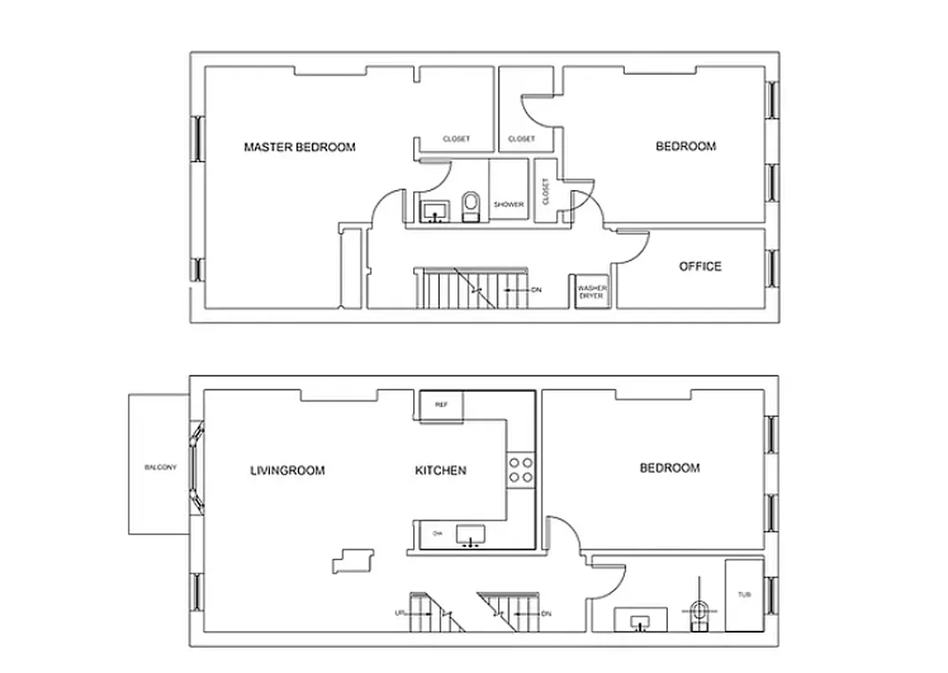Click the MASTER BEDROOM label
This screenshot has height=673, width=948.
point(299,147)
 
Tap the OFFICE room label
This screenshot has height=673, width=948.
point(700,267)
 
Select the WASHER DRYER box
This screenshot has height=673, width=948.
point(591,291)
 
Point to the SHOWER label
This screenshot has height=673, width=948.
point(508,204)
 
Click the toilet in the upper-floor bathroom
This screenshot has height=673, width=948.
point(470,206)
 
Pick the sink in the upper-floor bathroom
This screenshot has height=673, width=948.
point(435,209)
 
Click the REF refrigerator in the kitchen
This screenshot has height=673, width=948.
point(441,405)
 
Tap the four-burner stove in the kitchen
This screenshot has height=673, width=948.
point(520,469)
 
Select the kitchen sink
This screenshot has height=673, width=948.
point(470,534)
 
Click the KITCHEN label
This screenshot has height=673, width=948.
point(441,470)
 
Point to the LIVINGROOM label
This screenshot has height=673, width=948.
point(287,470)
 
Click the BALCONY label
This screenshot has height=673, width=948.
point(160,468)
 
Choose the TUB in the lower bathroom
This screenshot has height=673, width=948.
point(744,594)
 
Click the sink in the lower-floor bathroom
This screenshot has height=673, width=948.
point(641,620)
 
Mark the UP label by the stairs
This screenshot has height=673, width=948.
point(400,613)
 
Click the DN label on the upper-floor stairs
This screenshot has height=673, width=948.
point(536,289)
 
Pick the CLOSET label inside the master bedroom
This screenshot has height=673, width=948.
point(456,139)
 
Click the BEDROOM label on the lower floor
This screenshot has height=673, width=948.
point(670,468)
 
